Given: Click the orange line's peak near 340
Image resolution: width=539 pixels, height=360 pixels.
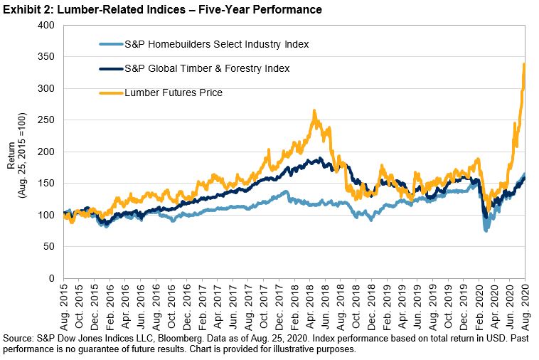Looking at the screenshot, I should (x=524, y=64).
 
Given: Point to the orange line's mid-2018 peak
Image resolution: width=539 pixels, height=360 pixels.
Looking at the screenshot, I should (x=314, y=111).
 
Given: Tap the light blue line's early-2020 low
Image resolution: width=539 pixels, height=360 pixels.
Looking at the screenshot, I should (x=486, y=231).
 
